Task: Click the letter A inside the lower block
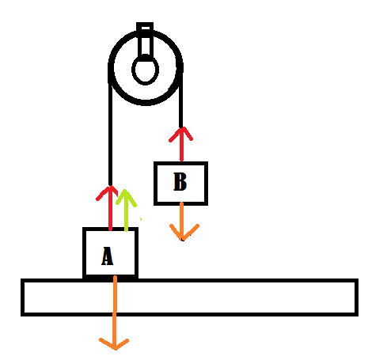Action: (108, 256)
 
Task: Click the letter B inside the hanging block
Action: (180, 181)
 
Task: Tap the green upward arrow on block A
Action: (126, 210)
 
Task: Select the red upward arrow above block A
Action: (110, 208)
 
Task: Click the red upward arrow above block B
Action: (181, 144)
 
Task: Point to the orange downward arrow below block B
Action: (183, 222)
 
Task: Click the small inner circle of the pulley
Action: (145, 70)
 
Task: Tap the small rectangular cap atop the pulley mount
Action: (145, 27)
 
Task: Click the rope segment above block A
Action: (110, 135)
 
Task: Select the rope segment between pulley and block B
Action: (180, 101)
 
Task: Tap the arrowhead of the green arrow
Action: (126, 197)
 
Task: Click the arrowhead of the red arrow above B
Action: (181, 134)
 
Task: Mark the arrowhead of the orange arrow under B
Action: (184, 233)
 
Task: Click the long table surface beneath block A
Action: (189, 297)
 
